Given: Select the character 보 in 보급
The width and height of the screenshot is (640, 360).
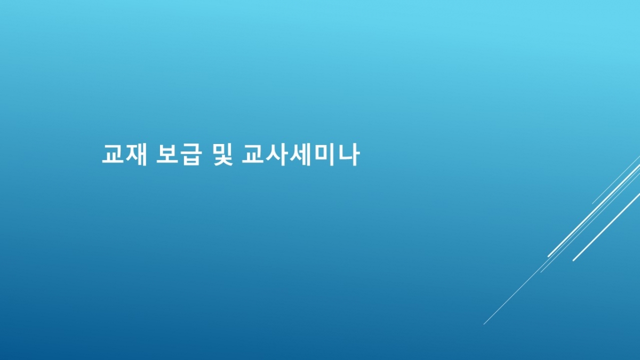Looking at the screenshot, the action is tap(167, 155).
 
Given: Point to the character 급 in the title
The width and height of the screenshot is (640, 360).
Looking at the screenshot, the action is tap(190, 155).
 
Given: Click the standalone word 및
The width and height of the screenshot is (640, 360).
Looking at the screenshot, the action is tap(223, 155).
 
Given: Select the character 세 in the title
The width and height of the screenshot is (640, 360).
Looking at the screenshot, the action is tap(300, 155).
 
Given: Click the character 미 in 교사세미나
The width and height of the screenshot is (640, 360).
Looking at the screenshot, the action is tap(324, 155).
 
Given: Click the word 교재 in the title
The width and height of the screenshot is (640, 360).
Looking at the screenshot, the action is tap(125, 155).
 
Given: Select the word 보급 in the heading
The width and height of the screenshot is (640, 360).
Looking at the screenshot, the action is tap(179, 155).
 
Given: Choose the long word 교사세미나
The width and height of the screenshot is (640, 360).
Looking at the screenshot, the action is tap(300, 155).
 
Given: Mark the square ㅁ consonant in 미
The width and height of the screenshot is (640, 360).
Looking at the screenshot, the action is tap(321, 154).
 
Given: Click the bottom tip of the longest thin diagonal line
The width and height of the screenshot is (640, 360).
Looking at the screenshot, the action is tap(484, 324).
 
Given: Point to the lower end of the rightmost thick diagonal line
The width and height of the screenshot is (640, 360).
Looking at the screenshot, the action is tap(573, 260).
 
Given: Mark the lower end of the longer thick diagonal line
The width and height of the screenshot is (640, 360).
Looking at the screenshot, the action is tap(548, 257).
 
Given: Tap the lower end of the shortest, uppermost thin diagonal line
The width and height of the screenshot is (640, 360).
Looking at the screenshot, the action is tap(593, 204).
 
